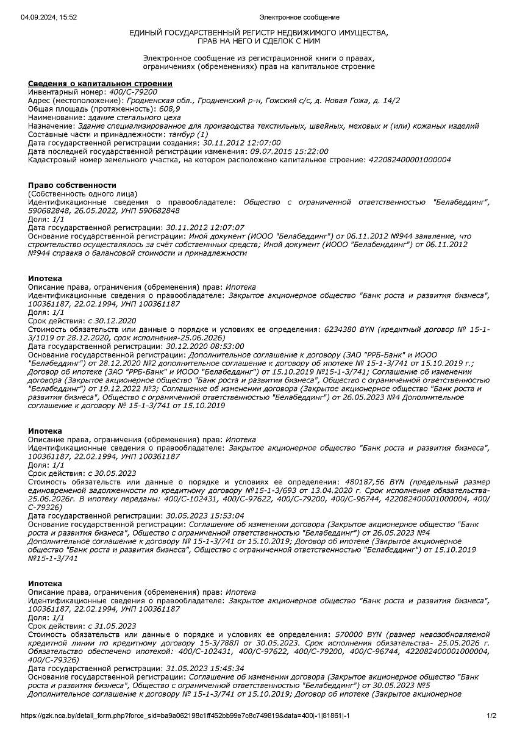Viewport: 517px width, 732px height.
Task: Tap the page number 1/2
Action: [492, 716]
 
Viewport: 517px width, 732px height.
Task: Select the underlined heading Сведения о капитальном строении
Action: [100, 83]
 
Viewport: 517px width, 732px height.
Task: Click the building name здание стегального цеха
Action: [134, 117]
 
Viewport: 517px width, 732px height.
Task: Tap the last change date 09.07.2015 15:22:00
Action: [288, 151]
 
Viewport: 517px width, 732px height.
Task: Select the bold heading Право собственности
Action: [72, 185]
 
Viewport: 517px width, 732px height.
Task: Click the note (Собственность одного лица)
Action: [83, 193]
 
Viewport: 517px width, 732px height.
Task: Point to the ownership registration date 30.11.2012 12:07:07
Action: [205, 227]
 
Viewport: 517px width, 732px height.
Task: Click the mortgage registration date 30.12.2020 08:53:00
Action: [205, 346]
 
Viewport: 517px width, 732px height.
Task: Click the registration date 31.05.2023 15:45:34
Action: [205, 669]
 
